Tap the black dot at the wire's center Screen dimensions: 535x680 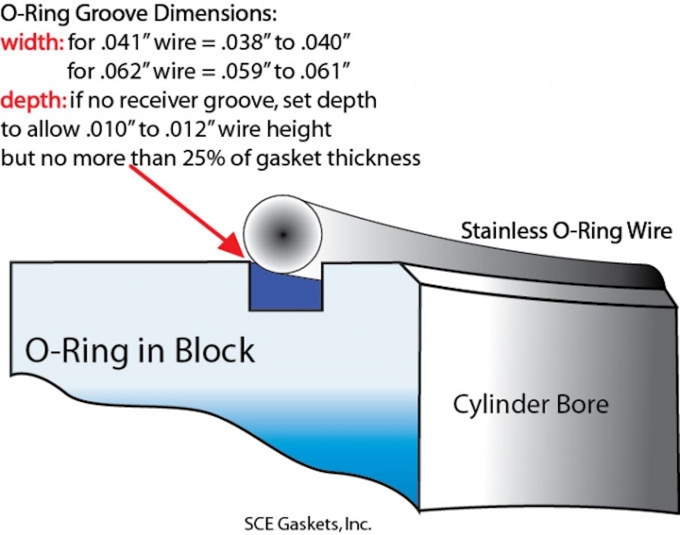point(283,234)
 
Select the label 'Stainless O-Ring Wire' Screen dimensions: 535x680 point(566,231)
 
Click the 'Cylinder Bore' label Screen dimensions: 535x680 point(530,405)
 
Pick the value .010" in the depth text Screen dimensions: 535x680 point(109,130)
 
